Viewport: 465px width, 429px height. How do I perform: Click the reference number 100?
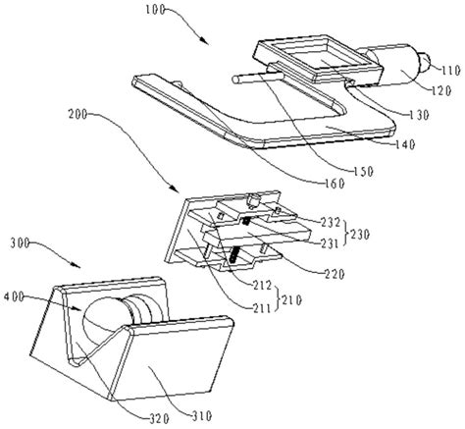tap(155, 10)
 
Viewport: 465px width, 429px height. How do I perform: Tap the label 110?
tap(451, 71)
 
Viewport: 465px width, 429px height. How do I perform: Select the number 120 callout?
tap(441, 90)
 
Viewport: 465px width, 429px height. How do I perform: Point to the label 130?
tap(419, 115)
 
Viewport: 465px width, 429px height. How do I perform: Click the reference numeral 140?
tap(405, 144)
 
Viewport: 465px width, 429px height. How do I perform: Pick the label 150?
tap(363, 172)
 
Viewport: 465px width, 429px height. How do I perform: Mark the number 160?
tap(335, 184)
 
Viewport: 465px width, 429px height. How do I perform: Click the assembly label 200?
tap(77, 115)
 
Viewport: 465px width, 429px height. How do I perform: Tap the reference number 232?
tap(331, 223)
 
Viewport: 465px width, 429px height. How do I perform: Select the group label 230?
tap(360, 235)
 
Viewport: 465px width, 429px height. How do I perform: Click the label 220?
tap(335, 274)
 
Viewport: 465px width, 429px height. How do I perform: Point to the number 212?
tap(262, 286)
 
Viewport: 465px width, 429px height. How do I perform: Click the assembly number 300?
tap(20, 243)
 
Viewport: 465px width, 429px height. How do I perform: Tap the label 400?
tap(14, 296)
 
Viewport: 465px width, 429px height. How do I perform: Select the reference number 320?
tap(159, 418)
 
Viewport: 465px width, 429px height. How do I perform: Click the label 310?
tap(202, 416)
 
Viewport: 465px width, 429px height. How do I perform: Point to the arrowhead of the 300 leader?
tap(77, 265)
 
